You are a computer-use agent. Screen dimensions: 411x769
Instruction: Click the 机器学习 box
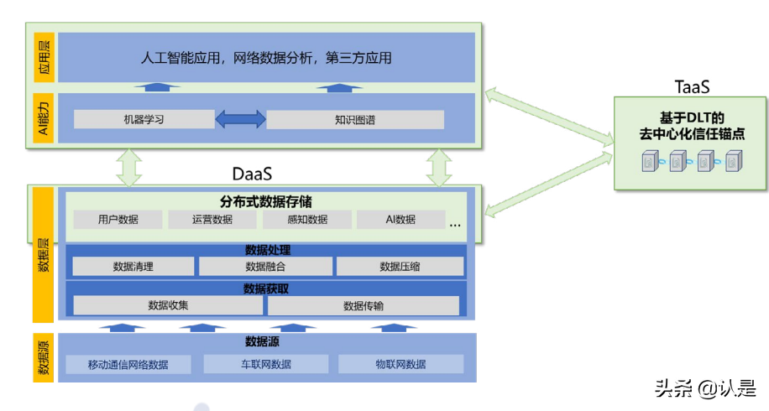pyautogui.click(x=144, y=119)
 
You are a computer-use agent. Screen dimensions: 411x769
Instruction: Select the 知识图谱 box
pyautogui.click(x=355, y=119)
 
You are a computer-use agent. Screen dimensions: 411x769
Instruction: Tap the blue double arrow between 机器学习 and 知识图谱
pyautogui.click(x=240, y=119)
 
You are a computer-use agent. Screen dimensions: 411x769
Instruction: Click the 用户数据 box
pyautogui.click(x=118, y=220)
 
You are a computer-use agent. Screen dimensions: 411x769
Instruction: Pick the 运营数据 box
pyautogui.click(x=212, y=220)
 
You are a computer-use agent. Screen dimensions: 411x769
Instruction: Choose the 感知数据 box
pyautogui.click(x=306, y=220)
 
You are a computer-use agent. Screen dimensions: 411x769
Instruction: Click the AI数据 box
pyautogui.click(x=400, y=220)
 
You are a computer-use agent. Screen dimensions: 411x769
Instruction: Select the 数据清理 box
pyautogui.click(x=133, y=267)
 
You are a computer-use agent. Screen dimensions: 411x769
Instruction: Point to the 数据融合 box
pyautogui.click(x=265, y=267)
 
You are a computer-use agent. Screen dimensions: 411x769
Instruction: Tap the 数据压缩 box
pyautogui.click(x=400, y=267)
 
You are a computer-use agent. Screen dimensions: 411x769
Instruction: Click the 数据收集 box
pyautogui.click(x=168, y=305)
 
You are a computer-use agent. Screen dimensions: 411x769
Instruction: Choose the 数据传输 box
pyautogui.click(x=364, y=305)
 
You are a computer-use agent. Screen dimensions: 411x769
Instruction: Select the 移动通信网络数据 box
pyautogui.click(x=128, y=364)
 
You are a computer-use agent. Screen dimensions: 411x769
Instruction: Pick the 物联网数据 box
pyautogui.click(x=400, y=364)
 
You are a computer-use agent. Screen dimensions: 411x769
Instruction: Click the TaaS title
pyautogui.click(x=693, y=86)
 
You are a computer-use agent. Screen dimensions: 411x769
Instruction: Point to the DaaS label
pyautogui.click(x=252, y=174)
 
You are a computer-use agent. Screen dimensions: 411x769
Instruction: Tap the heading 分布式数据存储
pyautogui.click(x=266, y=201)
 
